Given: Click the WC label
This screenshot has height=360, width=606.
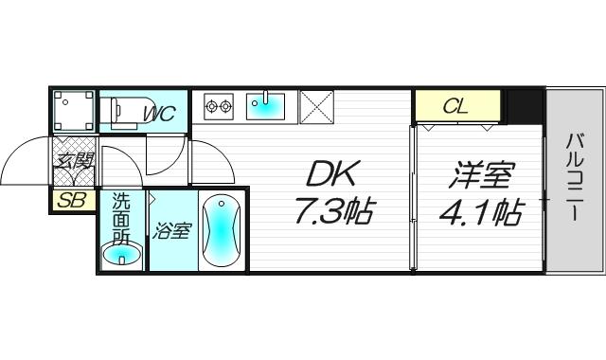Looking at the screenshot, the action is click(x=159, y=115).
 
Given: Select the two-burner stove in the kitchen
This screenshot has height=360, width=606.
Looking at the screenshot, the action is click(x=220, y=104).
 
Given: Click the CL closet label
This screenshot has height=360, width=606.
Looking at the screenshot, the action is click(x=455, y=106).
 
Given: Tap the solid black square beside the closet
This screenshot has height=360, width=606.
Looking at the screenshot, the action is click(x=523, y=104).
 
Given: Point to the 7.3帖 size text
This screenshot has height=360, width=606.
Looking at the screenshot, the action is click(x=330, y=212).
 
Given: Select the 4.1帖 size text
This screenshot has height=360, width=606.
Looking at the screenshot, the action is click(x=479, y=213).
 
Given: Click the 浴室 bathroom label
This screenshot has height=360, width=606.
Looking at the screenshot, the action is click(x=171, y=231).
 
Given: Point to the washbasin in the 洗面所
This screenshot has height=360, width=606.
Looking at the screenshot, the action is click(x=123, y=255).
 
